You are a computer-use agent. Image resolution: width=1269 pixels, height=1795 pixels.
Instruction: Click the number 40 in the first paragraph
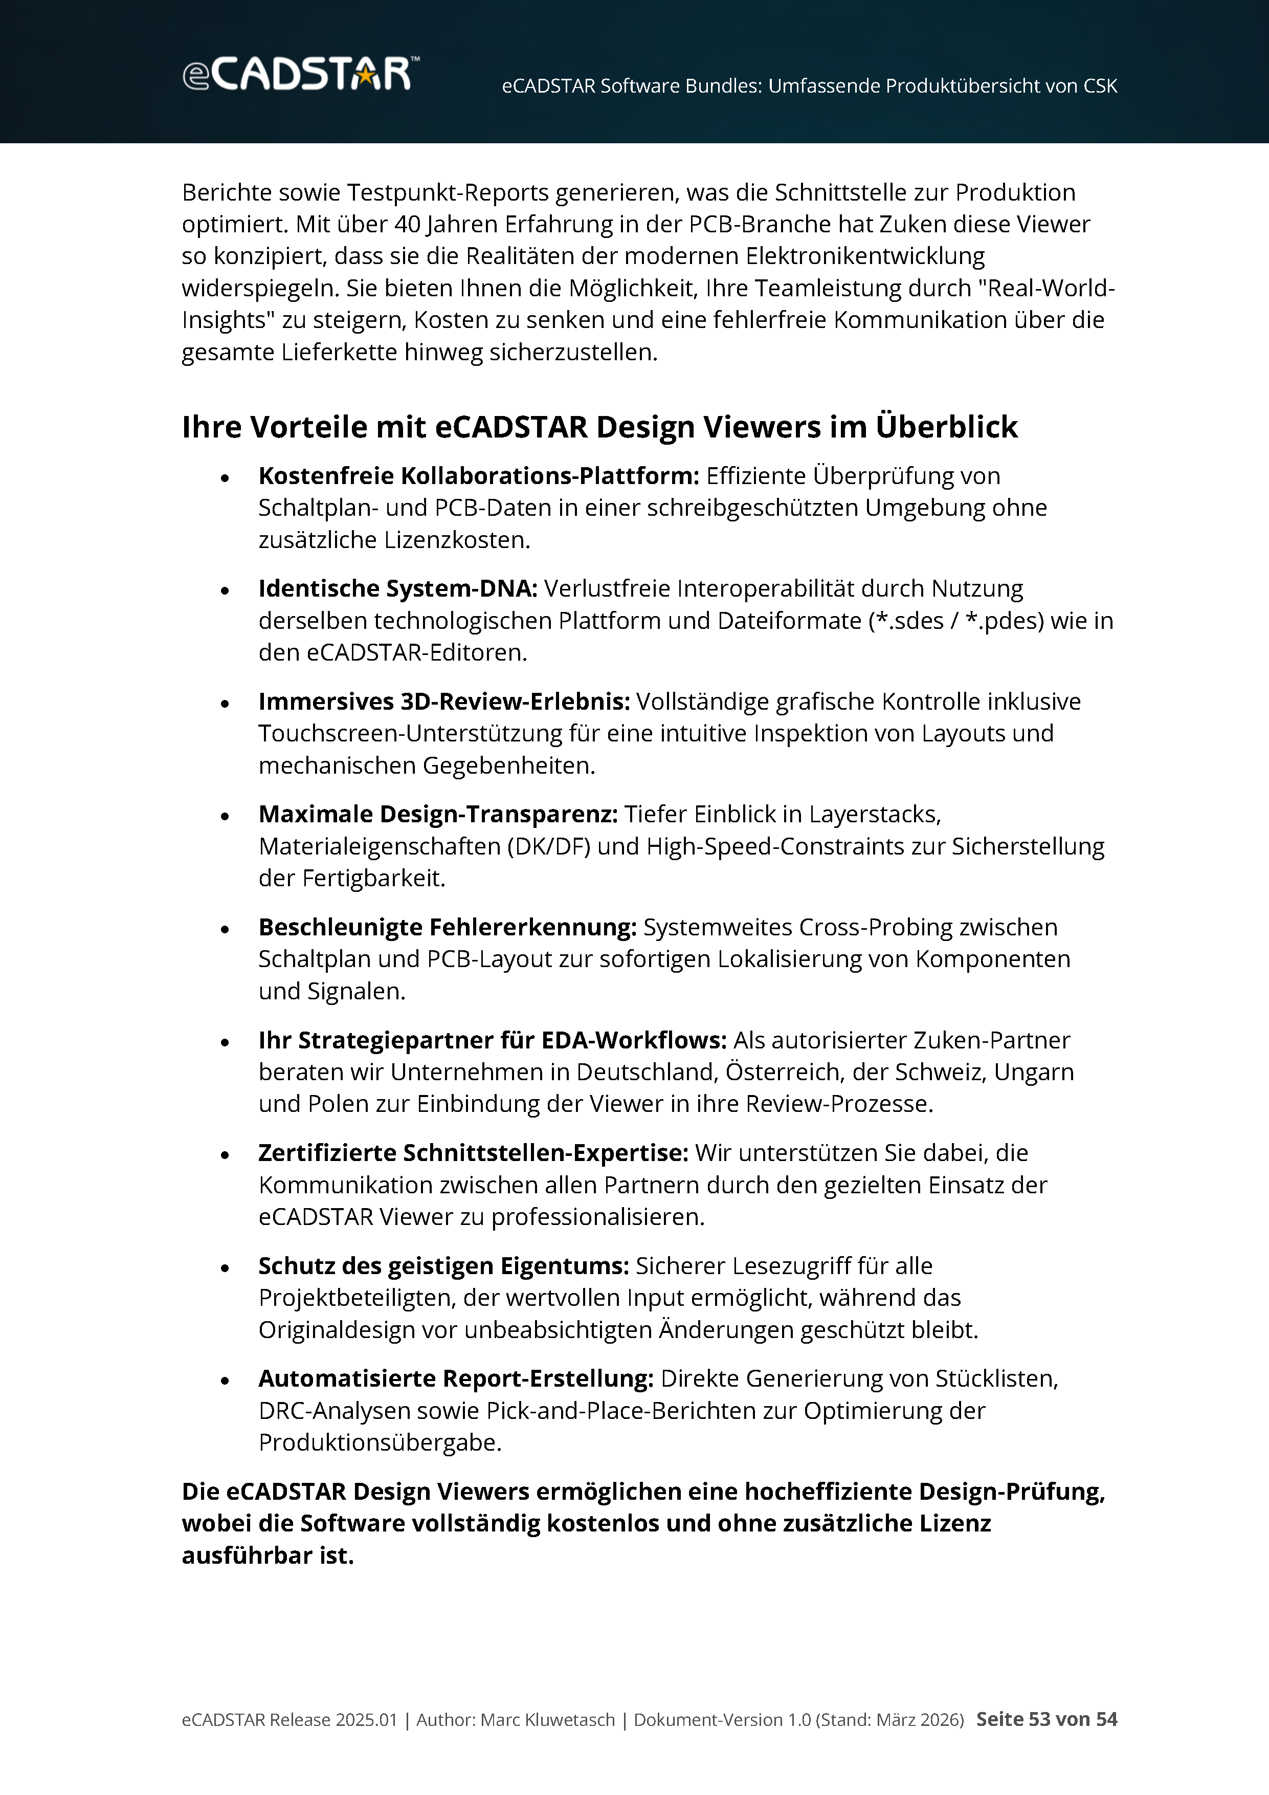407,224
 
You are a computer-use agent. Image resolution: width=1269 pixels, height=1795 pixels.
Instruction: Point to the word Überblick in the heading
946,427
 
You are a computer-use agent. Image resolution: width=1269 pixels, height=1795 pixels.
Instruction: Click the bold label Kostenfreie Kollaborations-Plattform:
478,476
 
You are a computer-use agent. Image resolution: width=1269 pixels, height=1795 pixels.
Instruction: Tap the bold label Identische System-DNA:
398,588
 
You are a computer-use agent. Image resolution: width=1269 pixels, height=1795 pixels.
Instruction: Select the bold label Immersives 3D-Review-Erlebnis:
444,702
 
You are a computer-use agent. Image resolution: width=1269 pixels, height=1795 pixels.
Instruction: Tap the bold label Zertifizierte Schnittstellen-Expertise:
473,1153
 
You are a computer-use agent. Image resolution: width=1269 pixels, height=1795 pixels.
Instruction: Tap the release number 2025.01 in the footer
366,1720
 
